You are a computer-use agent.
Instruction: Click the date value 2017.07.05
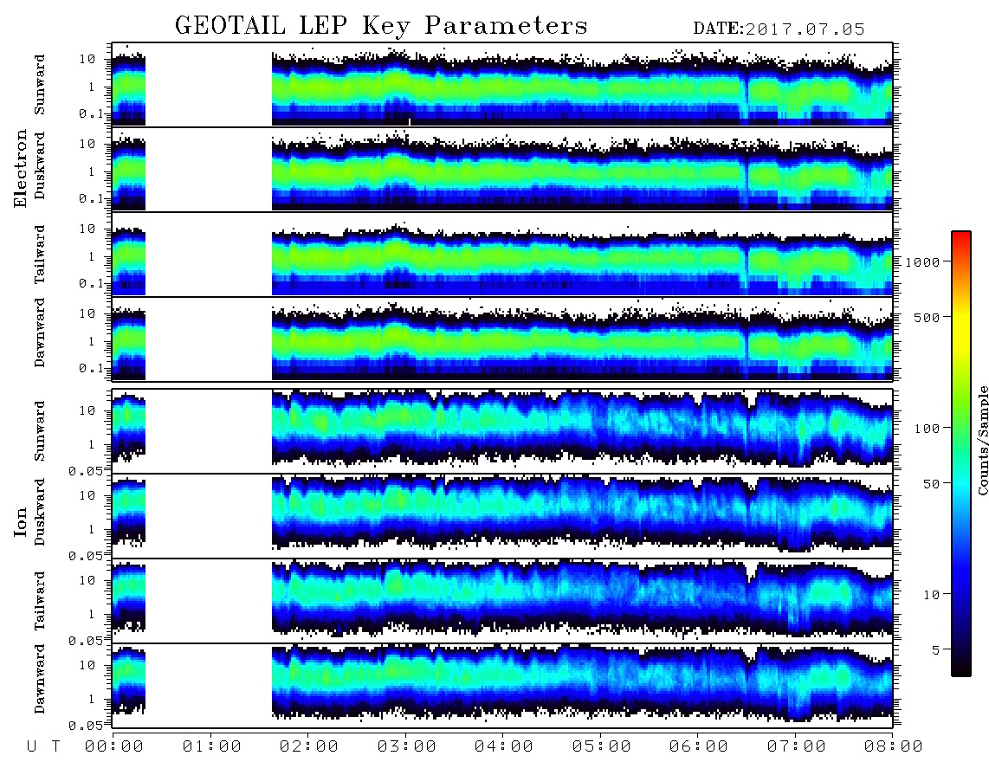tap(805, 29)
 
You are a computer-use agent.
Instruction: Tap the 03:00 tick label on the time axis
tap(406, 746)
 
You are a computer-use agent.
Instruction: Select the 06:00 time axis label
tap(699, 746)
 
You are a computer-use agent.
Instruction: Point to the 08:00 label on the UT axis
tap(893, 746)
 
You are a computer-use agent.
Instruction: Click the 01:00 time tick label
tap(211, 746)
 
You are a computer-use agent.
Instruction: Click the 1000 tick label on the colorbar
tap(922, 262)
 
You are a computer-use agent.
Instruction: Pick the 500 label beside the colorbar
tap(928, 317)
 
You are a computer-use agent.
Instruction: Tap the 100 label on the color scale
tap(928, 429)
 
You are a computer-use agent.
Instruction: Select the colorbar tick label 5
tap(936, 649)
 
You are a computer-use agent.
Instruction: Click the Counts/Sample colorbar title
tap(982, 440)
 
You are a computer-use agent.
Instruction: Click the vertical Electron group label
tap(21, 169)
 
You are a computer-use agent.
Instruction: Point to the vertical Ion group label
tap(21, 521)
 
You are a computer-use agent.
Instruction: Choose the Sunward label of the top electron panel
tap(40, 85)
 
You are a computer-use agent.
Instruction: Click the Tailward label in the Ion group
tap(40, 601)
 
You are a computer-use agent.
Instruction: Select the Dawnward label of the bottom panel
tap(40, 679)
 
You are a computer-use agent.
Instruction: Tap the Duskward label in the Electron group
tap(40, 165)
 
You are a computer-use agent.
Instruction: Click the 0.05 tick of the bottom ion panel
tap(86, 726)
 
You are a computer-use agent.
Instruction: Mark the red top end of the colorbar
tap(960, 234)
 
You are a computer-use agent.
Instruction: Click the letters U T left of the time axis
tap(43, 746)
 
